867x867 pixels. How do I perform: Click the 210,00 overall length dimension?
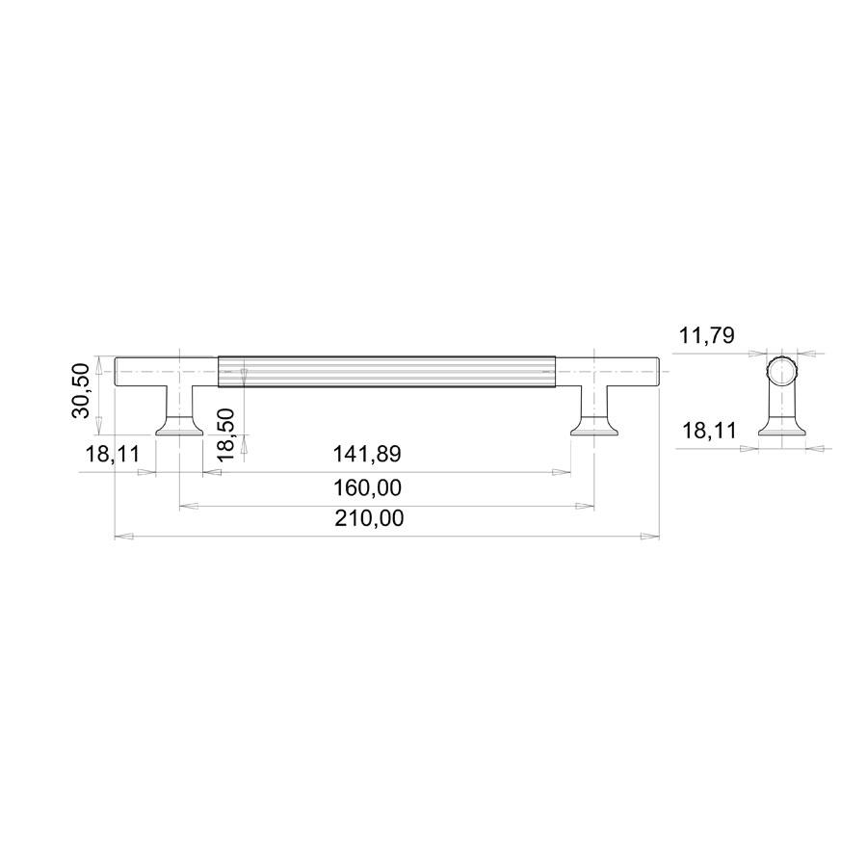coord(369,518)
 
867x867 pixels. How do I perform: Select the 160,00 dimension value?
coord(367,488)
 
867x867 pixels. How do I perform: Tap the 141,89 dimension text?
coord(367,454)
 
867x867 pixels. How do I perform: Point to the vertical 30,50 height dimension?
coord(81,390)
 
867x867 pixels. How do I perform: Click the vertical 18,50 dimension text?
coord(225,433)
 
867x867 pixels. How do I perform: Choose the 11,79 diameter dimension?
coord(707,335)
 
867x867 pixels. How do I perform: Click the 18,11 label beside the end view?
coord(709,431)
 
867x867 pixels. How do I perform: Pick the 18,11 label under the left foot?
coord(113,454)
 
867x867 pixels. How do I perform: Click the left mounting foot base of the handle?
coord(180,426)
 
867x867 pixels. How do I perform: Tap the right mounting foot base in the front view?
coord(594,426)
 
